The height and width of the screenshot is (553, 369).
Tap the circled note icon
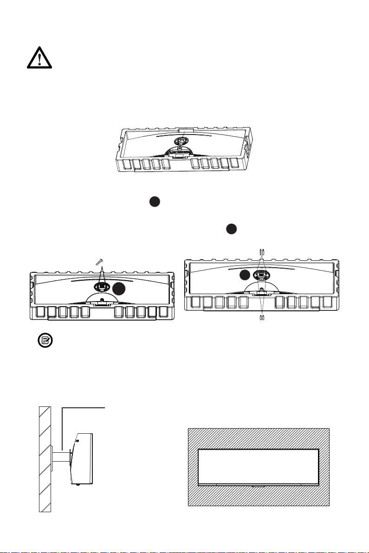tap(45, 341)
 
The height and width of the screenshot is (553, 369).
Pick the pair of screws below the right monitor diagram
tap(261, 318)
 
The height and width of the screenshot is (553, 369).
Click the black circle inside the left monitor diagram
tap(120, 289)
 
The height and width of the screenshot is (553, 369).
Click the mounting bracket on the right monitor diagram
tap(261, 275)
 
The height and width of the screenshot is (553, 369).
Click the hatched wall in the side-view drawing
tap(45, 459)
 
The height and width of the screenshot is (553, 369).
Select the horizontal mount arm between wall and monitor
tap(61, 457)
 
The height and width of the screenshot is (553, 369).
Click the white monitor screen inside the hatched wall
tap(258, 466)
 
